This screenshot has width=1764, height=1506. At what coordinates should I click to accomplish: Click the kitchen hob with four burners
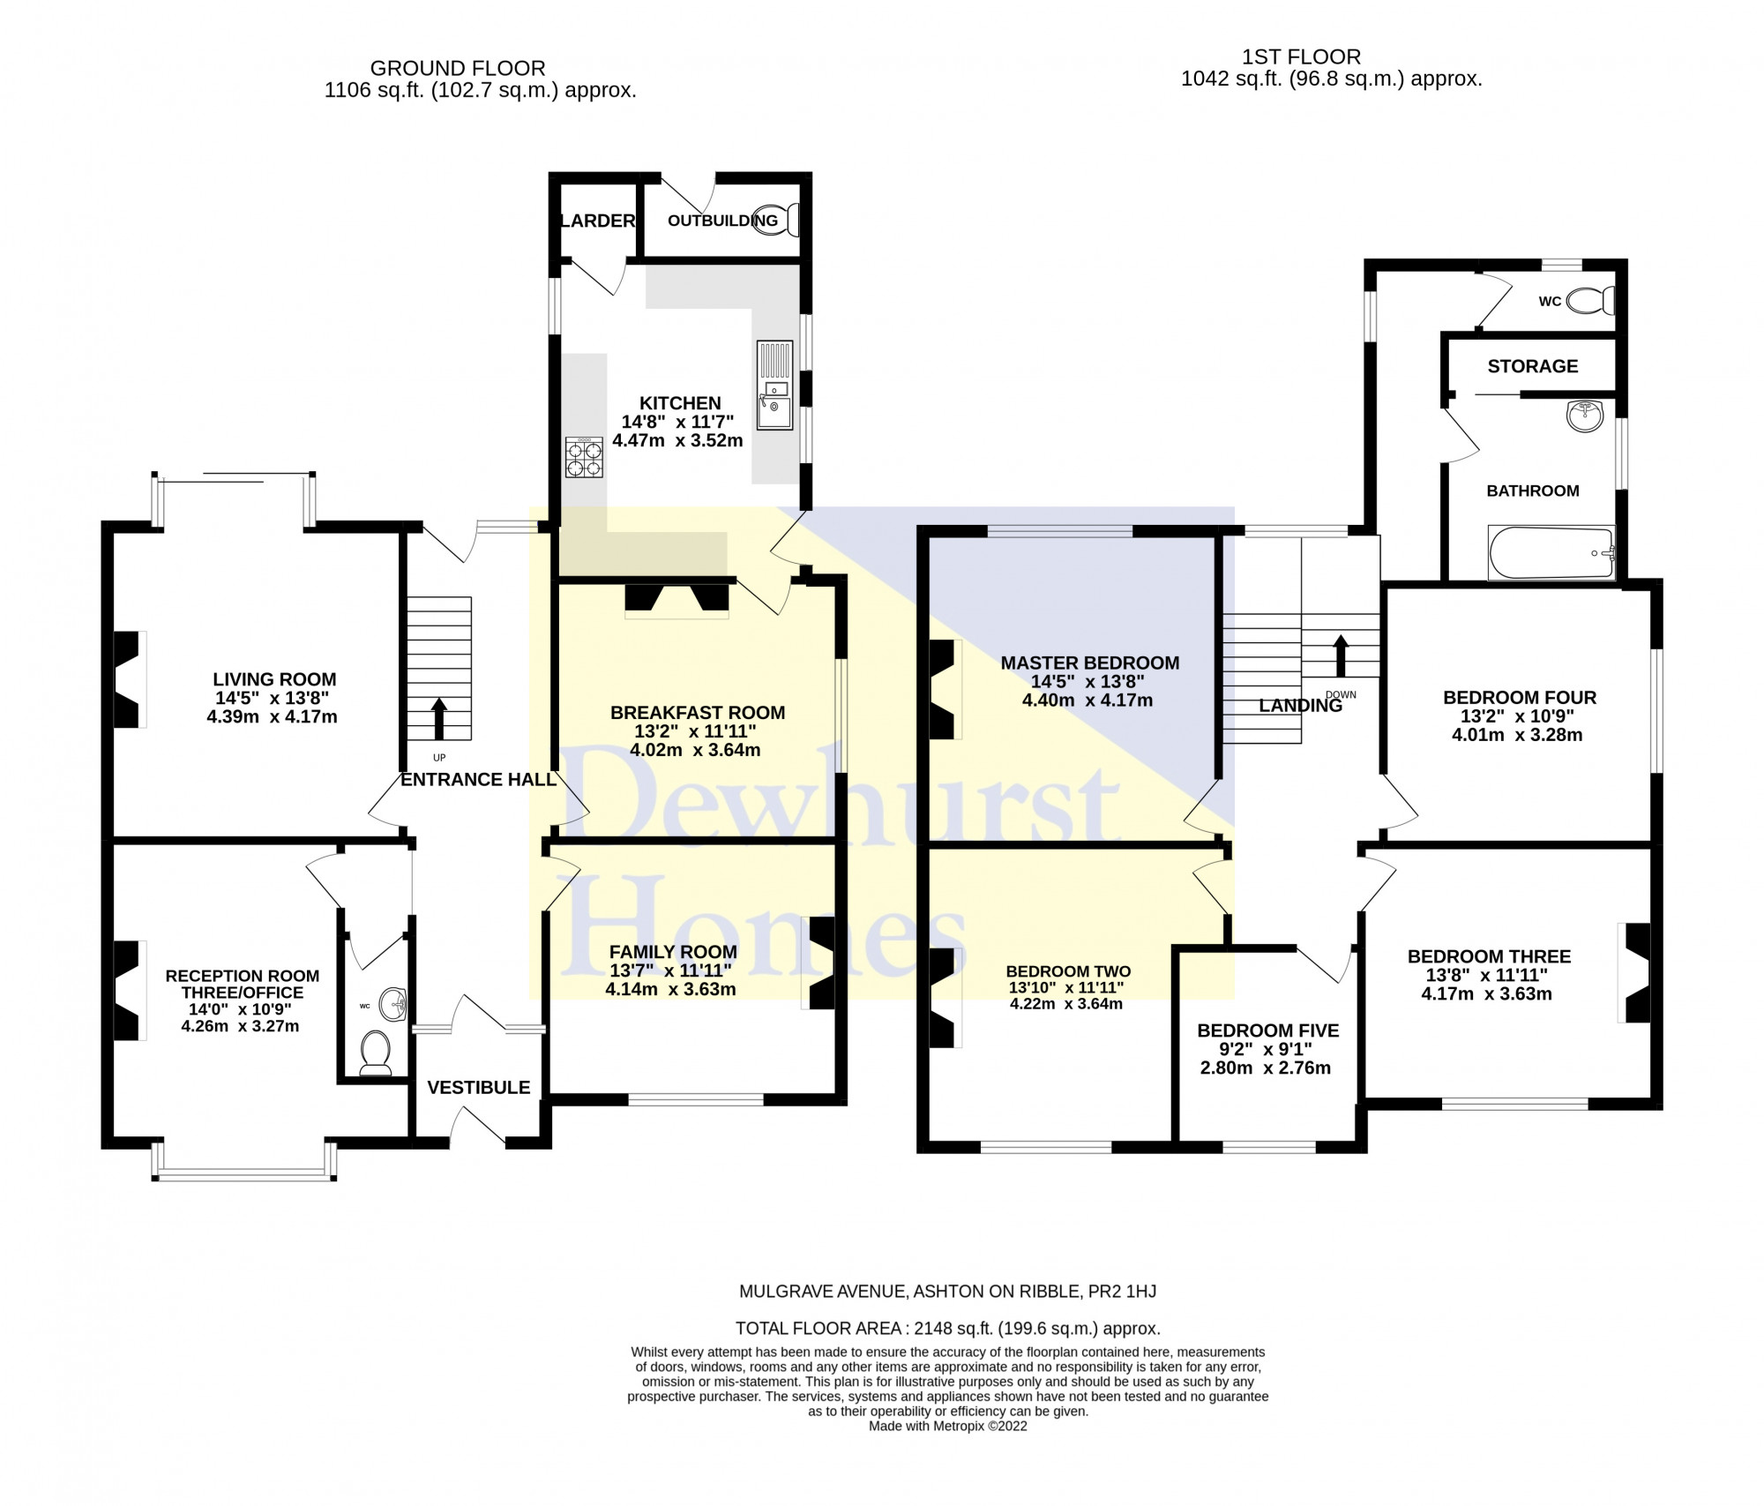(584, 457)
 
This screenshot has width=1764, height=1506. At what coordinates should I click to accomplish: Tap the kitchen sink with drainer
(775, 386)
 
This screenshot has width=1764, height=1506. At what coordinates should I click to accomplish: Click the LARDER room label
(598, 221)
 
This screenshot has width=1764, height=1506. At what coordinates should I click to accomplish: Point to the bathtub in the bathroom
(1551, 553)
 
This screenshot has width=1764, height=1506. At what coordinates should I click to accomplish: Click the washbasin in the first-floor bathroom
(1586, 416)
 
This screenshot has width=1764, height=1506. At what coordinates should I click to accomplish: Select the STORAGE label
(1533, 366)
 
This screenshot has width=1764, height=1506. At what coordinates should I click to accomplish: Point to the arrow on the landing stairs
(1341, 656)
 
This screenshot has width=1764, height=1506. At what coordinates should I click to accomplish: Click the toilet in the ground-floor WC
(377, 1053)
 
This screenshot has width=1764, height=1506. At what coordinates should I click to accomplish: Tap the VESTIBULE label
(479, 1088)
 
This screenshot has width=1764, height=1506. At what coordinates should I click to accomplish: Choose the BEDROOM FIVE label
(1268, 1030)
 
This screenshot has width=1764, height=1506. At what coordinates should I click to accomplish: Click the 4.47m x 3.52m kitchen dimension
(677, 440)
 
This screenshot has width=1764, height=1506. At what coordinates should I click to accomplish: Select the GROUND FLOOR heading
(458, 68)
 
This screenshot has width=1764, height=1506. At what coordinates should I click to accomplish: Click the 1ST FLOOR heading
(1302, 56)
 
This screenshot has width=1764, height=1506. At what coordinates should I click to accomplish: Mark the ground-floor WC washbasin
(394, 1004)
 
